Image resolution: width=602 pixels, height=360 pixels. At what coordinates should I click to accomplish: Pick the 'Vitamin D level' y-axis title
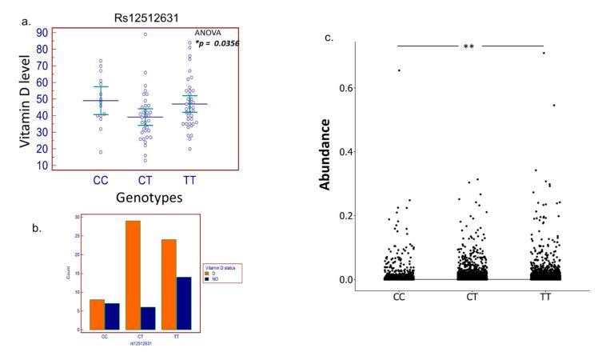(x=26, y=98)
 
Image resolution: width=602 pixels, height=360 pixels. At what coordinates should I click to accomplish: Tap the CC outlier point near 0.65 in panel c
(x=399, y=70)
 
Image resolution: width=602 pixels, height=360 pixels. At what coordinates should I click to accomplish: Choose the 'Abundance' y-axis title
(x=326, y=154)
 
